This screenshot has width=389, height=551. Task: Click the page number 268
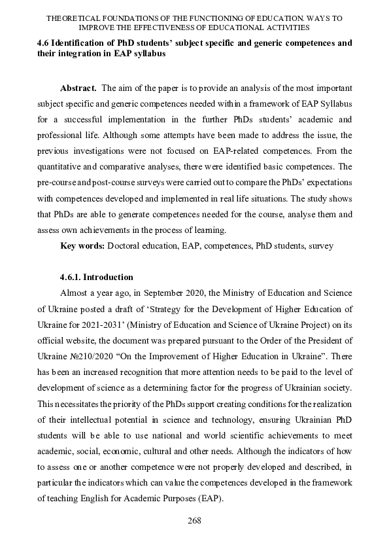[194, 520]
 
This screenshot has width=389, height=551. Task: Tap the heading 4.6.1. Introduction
[96, 277]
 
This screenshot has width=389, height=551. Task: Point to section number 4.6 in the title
[44, 43]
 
